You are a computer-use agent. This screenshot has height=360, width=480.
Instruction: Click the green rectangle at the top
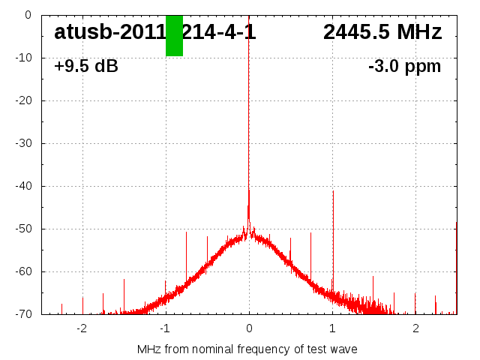[x=174, y=35]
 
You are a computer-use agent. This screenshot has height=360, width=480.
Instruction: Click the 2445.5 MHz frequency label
[x=382, y=32]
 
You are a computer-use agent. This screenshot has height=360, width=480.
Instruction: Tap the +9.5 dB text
[x=86, y=66]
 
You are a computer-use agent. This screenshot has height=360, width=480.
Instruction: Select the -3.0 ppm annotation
[x=404, y=66]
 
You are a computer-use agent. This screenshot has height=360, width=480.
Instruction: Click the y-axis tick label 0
[x=28, y=15]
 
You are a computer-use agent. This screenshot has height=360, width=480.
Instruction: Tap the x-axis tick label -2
[x=82, y=328]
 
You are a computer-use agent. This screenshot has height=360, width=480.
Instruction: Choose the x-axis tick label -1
[x=165, y=328]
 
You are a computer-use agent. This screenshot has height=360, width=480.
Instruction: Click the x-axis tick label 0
[x=249, y=328]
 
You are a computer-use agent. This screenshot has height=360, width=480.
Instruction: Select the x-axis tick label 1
[x=332, y=328]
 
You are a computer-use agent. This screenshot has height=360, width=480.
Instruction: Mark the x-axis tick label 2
[x=415, y=328]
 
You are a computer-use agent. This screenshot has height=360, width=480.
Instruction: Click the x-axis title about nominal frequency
[x=247, y=349]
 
